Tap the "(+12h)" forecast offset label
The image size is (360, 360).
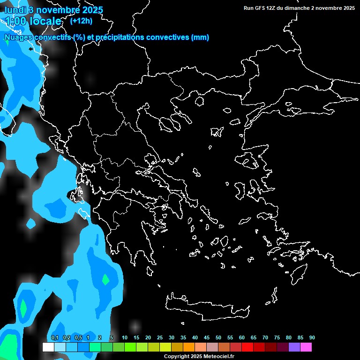pos(81,21)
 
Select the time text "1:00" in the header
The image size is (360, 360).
pos(15,21)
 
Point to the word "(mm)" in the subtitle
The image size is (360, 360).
pos(200,37)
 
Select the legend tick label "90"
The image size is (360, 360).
pos(312,337)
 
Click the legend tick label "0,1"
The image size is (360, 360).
pos(55,337)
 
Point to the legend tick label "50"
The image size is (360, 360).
pos(218,337)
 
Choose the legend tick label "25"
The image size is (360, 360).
pos(160,337)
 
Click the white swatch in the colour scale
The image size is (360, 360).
pos(48,347)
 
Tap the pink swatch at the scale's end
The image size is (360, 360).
pos(306,347)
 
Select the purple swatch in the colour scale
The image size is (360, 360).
pos(294,347)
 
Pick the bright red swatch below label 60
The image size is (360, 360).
pos(247,347)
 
